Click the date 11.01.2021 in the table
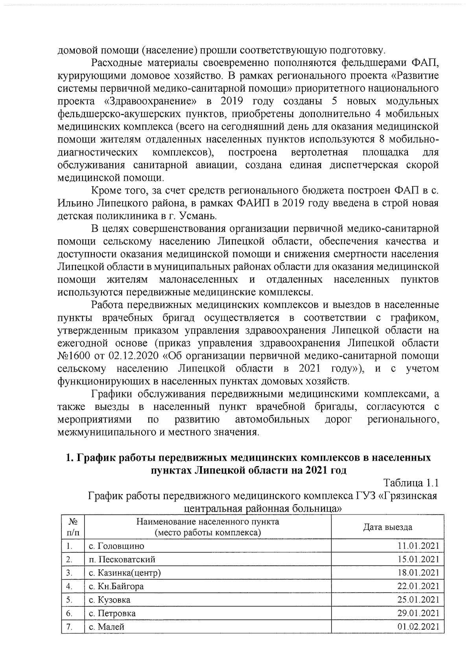pyautogui.click(x=418, y=546)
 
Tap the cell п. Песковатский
pyautogui.click(x=122, y=559)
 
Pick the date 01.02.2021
pyautogui.click(x=418, y=627)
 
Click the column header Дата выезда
pyautogui.click(x=387, y=527)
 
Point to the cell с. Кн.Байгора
pyautogui.click(x=116, y=586)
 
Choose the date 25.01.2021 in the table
pyautogui.click(x=418, y=600)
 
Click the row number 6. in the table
pyautogui.click(x=70, y=613)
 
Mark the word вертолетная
pyautogui.click(x=319, y=153)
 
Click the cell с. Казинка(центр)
pyautogui.click(x=125, y=573)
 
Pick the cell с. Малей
pyautogui.click(x=106, y=627)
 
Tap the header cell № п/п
pyautogui.click(x=72, y=527)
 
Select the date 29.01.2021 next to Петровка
pyautogui.click(x=418, y=613)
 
